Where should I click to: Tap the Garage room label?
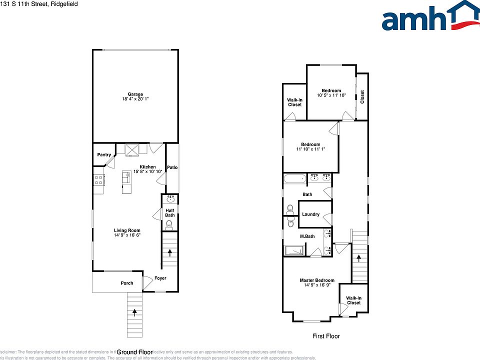[x=135, y=94]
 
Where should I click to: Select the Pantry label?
[x=104, y=155]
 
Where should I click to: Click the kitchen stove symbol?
[x=98, y=180]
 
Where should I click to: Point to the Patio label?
[x=172, y=167]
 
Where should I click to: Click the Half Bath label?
[x=170, y=213]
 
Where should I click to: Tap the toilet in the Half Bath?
[x=169, y=224]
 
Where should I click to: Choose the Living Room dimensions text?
[x=127, y=235]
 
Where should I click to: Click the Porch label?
[x=127, y=283]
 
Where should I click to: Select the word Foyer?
[x=160, y=278]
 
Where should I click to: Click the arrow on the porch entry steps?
[x=135, y=312]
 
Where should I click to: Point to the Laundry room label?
[x=310, y=214]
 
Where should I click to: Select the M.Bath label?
[x=307, y=236]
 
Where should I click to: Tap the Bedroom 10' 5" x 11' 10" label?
[x=331, y=91]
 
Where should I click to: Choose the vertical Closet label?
[x=362, y=96]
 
